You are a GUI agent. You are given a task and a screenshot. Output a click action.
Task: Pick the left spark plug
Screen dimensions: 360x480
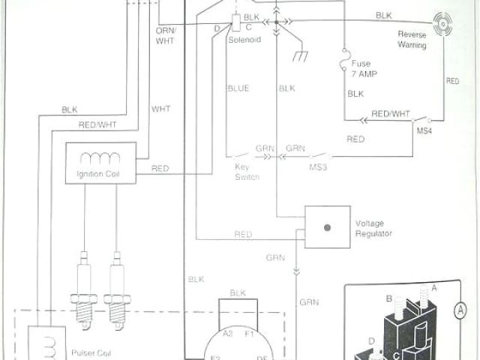[x=83, y=292]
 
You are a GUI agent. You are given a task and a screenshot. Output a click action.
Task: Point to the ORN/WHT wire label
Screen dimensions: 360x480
[x=164, y=35]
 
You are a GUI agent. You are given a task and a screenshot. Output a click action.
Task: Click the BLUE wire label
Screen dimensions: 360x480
[x=238, y=88]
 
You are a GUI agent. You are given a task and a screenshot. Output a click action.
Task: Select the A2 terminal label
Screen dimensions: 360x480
[x=229, y=332]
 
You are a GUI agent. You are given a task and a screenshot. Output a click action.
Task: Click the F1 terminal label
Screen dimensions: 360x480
[x=250, y=332]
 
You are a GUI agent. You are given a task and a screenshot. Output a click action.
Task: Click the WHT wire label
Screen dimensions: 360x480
[x=161, y=109]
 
